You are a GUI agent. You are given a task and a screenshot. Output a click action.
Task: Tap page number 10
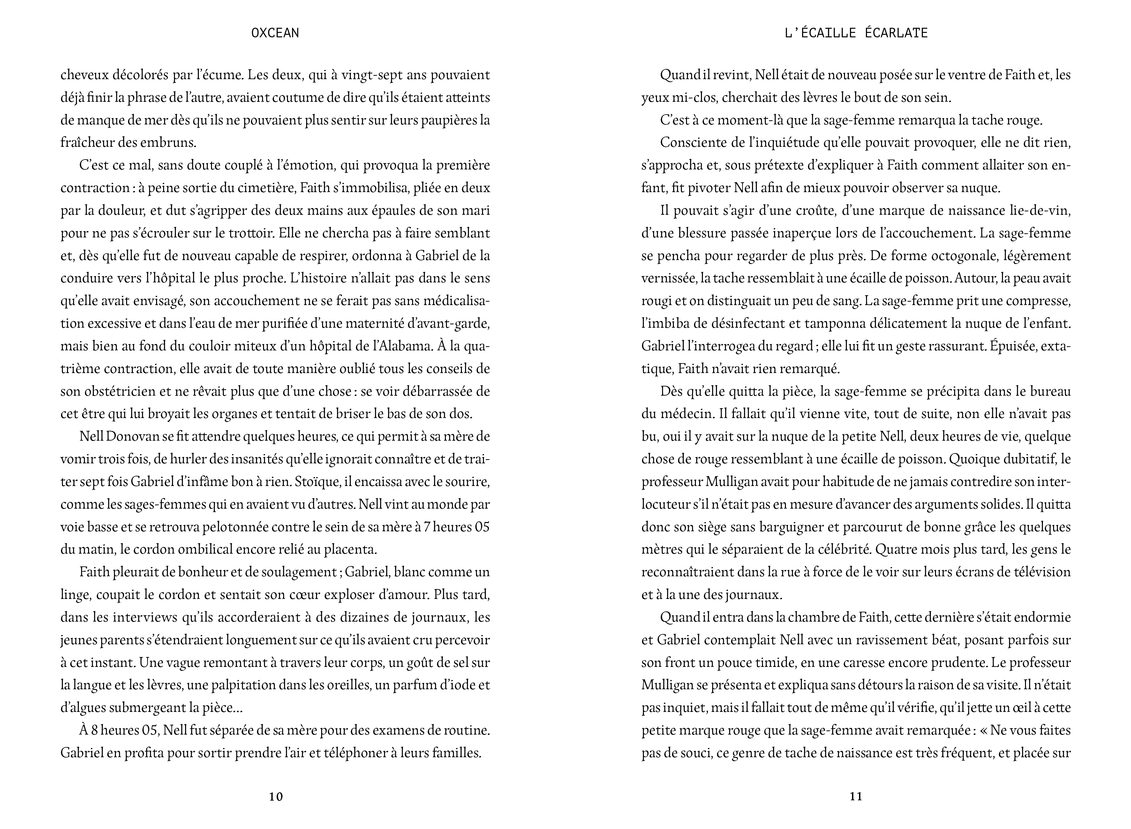tap(276, 796)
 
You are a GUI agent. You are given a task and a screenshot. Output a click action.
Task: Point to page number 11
tap(856, 796)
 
